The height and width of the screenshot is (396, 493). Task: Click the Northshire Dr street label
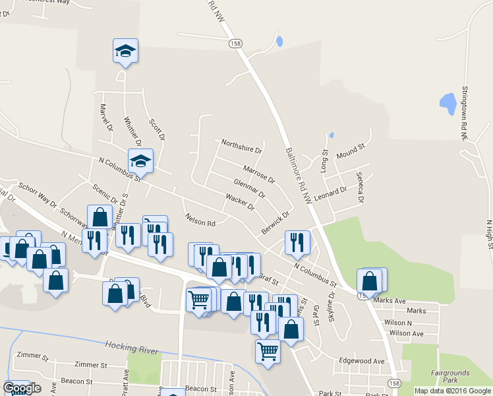[x=241, y=146]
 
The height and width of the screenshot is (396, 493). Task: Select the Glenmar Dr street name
[x=249, y=187]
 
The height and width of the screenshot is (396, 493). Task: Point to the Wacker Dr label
[x=240, y=201]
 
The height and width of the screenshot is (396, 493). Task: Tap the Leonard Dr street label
[x=331, y=193]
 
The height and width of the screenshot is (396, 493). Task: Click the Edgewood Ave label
[x=361, y=361]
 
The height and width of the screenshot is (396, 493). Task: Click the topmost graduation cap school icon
[x=125, y=51]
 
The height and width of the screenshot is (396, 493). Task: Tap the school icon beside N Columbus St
[x=140, y=160]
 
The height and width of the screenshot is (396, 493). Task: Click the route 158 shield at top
[x=236, y=43]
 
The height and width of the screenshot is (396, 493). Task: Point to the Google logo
[x=22, y=388]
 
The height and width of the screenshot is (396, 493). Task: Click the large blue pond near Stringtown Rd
[x=448, y=103]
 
